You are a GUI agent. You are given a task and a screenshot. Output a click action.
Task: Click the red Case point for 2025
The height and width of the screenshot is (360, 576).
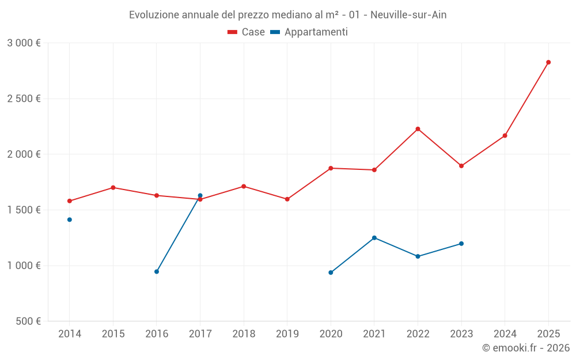(548, 62)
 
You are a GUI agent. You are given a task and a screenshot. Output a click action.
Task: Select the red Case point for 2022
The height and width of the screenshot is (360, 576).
(418, 129)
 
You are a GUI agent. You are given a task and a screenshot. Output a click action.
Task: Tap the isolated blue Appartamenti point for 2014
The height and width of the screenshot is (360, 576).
(70, 219)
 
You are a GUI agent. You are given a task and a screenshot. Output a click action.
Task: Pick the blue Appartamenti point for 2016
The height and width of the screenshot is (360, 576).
(157, 271)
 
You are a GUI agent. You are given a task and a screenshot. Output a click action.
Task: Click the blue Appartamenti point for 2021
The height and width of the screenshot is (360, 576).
(374, 238)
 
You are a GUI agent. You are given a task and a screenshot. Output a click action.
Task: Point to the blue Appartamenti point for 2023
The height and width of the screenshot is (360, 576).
(461, 244)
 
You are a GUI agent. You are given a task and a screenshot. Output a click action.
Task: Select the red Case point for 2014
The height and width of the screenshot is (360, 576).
(70, 201)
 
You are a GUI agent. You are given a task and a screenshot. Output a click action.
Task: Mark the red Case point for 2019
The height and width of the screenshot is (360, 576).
(287, 199)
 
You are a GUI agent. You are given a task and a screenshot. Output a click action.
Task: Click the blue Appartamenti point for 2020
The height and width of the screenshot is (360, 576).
(331, 272)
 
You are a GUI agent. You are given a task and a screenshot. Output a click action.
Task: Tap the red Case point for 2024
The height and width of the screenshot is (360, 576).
(505, 136)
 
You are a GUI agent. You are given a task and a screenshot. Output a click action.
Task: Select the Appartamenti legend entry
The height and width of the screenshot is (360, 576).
(309, 32)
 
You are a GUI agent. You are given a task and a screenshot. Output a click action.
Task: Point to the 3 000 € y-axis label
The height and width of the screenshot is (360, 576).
(24, 43)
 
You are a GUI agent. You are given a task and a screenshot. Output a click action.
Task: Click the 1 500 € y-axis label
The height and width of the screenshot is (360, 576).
(24, 210)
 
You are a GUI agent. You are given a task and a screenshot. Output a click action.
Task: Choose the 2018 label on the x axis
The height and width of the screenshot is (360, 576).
(244, 334)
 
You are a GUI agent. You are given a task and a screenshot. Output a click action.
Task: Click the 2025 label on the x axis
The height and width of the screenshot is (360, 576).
(548, 334)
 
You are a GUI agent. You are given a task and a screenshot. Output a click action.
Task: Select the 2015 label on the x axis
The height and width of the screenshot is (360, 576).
(113, 334)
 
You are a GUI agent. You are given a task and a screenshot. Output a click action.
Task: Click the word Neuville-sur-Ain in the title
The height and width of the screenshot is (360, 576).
(408, 15)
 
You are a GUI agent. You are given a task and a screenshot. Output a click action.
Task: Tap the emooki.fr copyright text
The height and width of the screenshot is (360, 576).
(526, 348)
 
